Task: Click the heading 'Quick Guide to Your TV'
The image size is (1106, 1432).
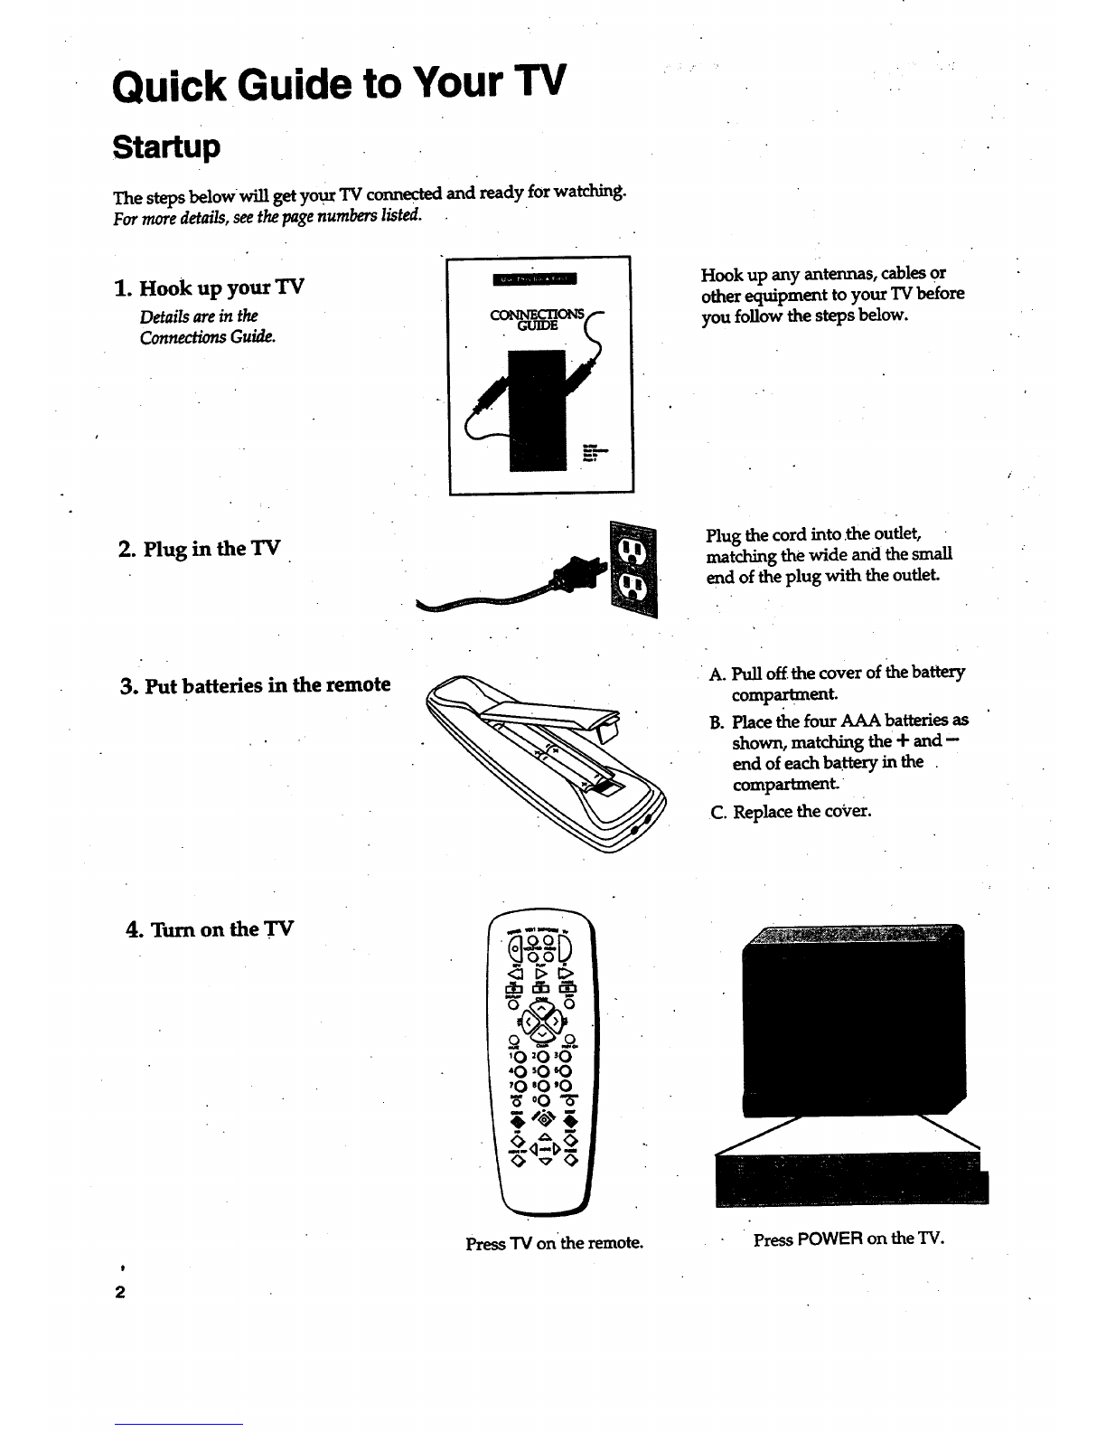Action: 339,86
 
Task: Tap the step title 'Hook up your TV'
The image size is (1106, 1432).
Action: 210,287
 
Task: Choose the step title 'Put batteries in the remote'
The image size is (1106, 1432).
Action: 256,684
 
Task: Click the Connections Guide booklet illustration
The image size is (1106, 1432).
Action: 539,375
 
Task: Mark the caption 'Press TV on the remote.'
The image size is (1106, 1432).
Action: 554,1243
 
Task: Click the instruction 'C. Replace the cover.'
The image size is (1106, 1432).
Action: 790,811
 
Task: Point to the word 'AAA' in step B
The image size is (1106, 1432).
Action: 866,720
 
